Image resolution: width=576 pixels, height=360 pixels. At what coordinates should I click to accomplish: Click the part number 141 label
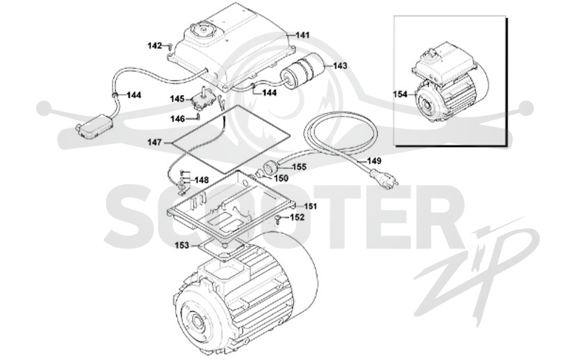302,35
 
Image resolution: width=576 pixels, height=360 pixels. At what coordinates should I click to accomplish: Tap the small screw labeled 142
170,47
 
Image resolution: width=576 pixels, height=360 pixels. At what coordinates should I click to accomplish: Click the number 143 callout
340,66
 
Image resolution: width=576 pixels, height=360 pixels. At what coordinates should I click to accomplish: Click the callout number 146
177,119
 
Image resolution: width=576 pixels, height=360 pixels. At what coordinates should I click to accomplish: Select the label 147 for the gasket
155,142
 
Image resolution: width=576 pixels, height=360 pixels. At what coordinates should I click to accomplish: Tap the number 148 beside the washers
202,180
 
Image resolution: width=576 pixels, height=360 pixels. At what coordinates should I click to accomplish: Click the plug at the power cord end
384,179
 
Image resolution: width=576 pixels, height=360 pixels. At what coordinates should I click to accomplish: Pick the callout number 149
374,161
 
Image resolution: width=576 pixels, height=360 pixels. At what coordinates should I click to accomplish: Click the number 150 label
282,179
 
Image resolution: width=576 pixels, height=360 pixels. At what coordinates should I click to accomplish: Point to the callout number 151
310,206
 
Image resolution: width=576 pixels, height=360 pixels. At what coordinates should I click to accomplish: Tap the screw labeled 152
279,219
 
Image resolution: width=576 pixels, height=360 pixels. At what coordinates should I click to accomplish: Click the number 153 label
181,245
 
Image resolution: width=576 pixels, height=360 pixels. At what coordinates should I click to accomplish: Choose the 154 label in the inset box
400,94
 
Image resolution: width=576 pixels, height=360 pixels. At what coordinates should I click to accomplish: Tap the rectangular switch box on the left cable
95,127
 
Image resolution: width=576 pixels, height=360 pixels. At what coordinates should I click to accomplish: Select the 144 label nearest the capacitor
269,93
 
